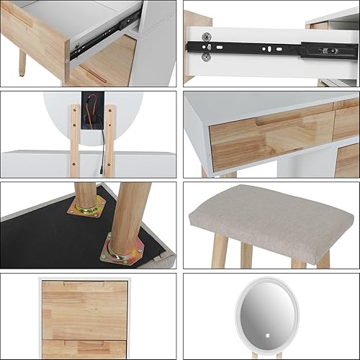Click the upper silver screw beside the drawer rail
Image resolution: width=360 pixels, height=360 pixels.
[207, 37]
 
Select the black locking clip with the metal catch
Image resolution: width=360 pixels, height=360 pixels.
[328, 51]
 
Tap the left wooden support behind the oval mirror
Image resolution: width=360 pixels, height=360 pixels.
[75, 140]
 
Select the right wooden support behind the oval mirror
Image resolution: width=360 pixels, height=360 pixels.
[109, 140]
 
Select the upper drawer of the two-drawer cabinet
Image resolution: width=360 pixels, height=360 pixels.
[84, 310]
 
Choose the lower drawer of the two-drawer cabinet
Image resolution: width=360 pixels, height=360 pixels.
[84, 348]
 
